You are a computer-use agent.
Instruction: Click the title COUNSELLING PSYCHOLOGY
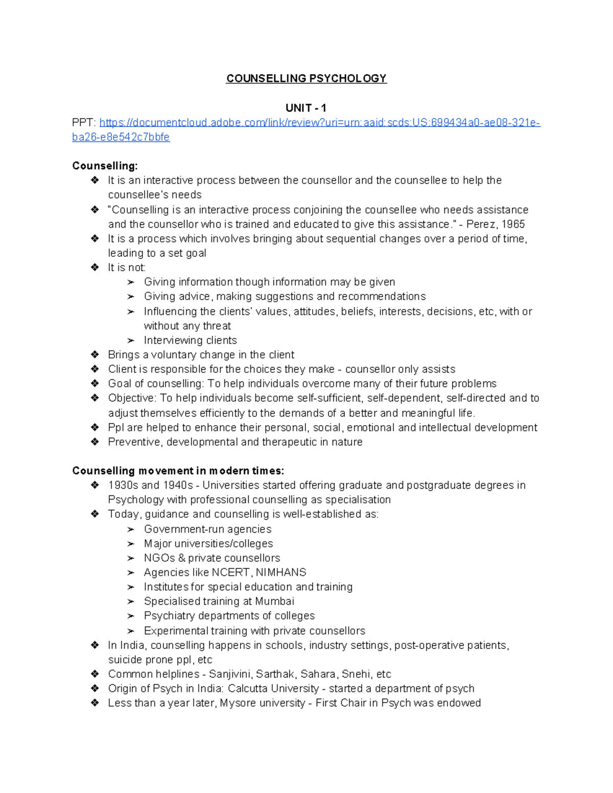(x=306, y=79)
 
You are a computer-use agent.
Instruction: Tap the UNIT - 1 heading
(x=306, y=108)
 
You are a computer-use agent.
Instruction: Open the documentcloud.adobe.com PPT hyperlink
(x=319, y=123)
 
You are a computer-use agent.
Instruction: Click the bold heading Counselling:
(x=105, y=166)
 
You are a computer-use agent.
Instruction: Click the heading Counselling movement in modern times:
(x=178, y=471)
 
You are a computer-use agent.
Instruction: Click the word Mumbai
(x=275, y=602)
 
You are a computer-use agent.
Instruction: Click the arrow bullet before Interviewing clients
(x=131, y=341)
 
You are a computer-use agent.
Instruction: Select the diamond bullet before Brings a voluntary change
(x=95, y=355)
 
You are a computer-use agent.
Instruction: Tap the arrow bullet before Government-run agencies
(x=131, y=530)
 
